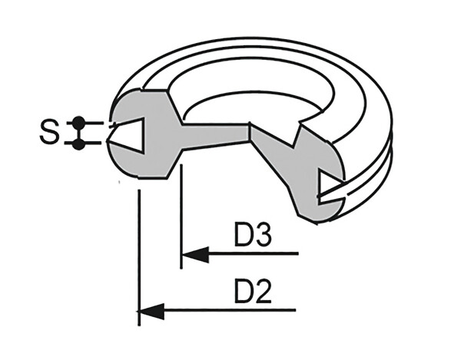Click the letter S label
[48, 133]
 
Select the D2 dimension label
[253, 292]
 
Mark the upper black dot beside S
[78, 122]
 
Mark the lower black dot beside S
[78, 144]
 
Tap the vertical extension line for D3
[181, 223]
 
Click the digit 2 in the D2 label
[264, 292]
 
